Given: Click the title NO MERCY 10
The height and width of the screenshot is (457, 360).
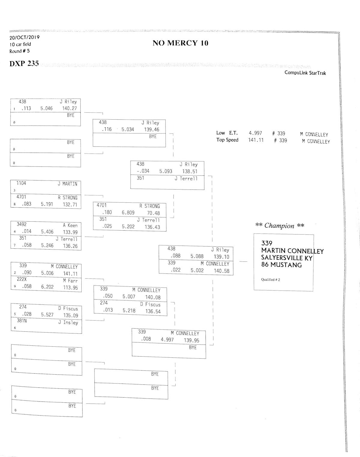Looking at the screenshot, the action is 180,43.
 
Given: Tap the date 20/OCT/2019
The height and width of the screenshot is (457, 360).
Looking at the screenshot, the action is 24,37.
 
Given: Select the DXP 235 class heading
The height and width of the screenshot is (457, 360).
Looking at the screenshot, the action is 24,64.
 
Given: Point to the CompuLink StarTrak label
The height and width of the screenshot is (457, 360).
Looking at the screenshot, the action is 305,73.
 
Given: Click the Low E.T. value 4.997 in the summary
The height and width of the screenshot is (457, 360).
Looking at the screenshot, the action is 255,133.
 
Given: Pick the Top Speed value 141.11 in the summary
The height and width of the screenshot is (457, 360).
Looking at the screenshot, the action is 256,140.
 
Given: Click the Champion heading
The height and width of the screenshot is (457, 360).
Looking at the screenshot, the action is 280,226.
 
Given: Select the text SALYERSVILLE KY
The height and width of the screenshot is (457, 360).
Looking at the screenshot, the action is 287,258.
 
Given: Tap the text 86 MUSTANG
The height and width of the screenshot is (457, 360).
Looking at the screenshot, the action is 281,265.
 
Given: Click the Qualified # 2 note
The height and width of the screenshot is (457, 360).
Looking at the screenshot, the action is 271,280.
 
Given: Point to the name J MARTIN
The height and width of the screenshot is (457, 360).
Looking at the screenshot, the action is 67,184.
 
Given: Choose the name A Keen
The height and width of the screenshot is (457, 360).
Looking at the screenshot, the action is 70,225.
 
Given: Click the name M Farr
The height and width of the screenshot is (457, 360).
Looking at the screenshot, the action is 70,281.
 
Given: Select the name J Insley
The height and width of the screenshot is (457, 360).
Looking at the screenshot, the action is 68,322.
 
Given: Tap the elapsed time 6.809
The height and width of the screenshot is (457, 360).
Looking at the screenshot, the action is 128,213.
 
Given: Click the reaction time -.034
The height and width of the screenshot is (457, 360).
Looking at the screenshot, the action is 143,171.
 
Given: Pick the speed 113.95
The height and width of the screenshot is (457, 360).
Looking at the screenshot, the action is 70,288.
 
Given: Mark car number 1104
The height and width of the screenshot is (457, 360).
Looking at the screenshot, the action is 21,183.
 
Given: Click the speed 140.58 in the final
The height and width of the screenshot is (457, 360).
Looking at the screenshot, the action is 222,271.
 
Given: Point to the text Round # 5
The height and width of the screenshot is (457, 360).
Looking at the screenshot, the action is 19,51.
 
